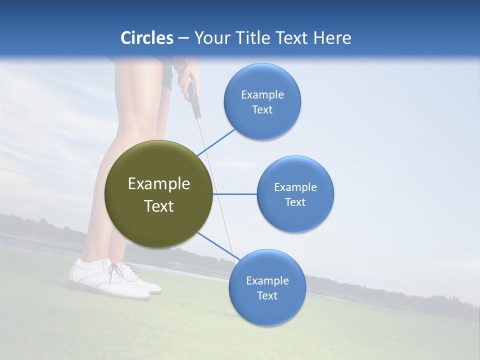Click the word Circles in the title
point(146,37)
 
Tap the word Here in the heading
point(332,37)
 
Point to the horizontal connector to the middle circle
point(235,194)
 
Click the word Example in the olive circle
point(158,183)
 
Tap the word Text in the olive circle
point(158,206)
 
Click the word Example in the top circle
point(262,94)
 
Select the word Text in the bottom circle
point(267,295)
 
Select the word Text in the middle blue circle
point(295,202)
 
